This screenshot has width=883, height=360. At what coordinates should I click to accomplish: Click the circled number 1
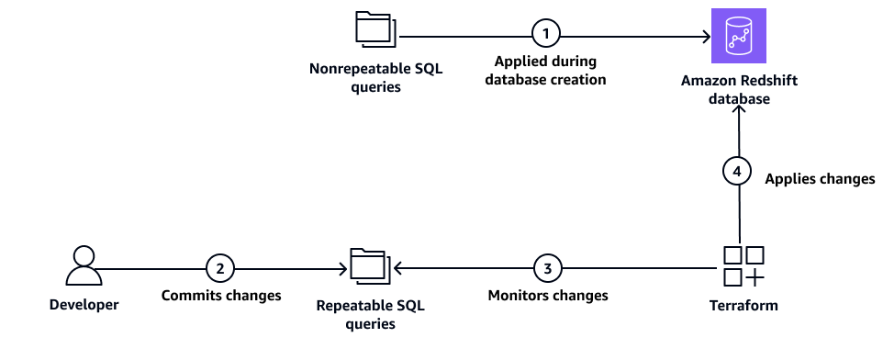pos(545,34)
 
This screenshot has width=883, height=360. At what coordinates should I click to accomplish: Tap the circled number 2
pos(219,269)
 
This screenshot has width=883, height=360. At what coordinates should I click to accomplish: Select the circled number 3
pos(547,269)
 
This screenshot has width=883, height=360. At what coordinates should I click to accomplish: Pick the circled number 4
pos(736,171)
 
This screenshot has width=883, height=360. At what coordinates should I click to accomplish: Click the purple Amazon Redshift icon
pos(738,36)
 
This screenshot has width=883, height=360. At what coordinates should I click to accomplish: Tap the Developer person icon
pos(84,267)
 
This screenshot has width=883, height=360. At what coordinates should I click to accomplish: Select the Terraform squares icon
pos(743,266)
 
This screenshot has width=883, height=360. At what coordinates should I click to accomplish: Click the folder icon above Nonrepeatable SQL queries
pos(374,29)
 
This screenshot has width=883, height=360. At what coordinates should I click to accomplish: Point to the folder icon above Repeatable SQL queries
pos(370,266)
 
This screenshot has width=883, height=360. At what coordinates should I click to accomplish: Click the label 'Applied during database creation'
pos(546,71)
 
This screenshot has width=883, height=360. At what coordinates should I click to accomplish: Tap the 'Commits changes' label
pos(220,296)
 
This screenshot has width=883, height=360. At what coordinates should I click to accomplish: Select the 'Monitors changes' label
pos(547,296)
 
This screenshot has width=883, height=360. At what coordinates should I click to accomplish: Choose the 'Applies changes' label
pos(820,179)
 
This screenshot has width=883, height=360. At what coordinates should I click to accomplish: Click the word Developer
pos(84,305)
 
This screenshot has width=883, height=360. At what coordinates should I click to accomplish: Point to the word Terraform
pos(743,305)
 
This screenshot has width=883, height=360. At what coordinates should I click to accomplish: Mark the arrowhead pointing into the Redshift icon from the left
pos(707,37)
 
